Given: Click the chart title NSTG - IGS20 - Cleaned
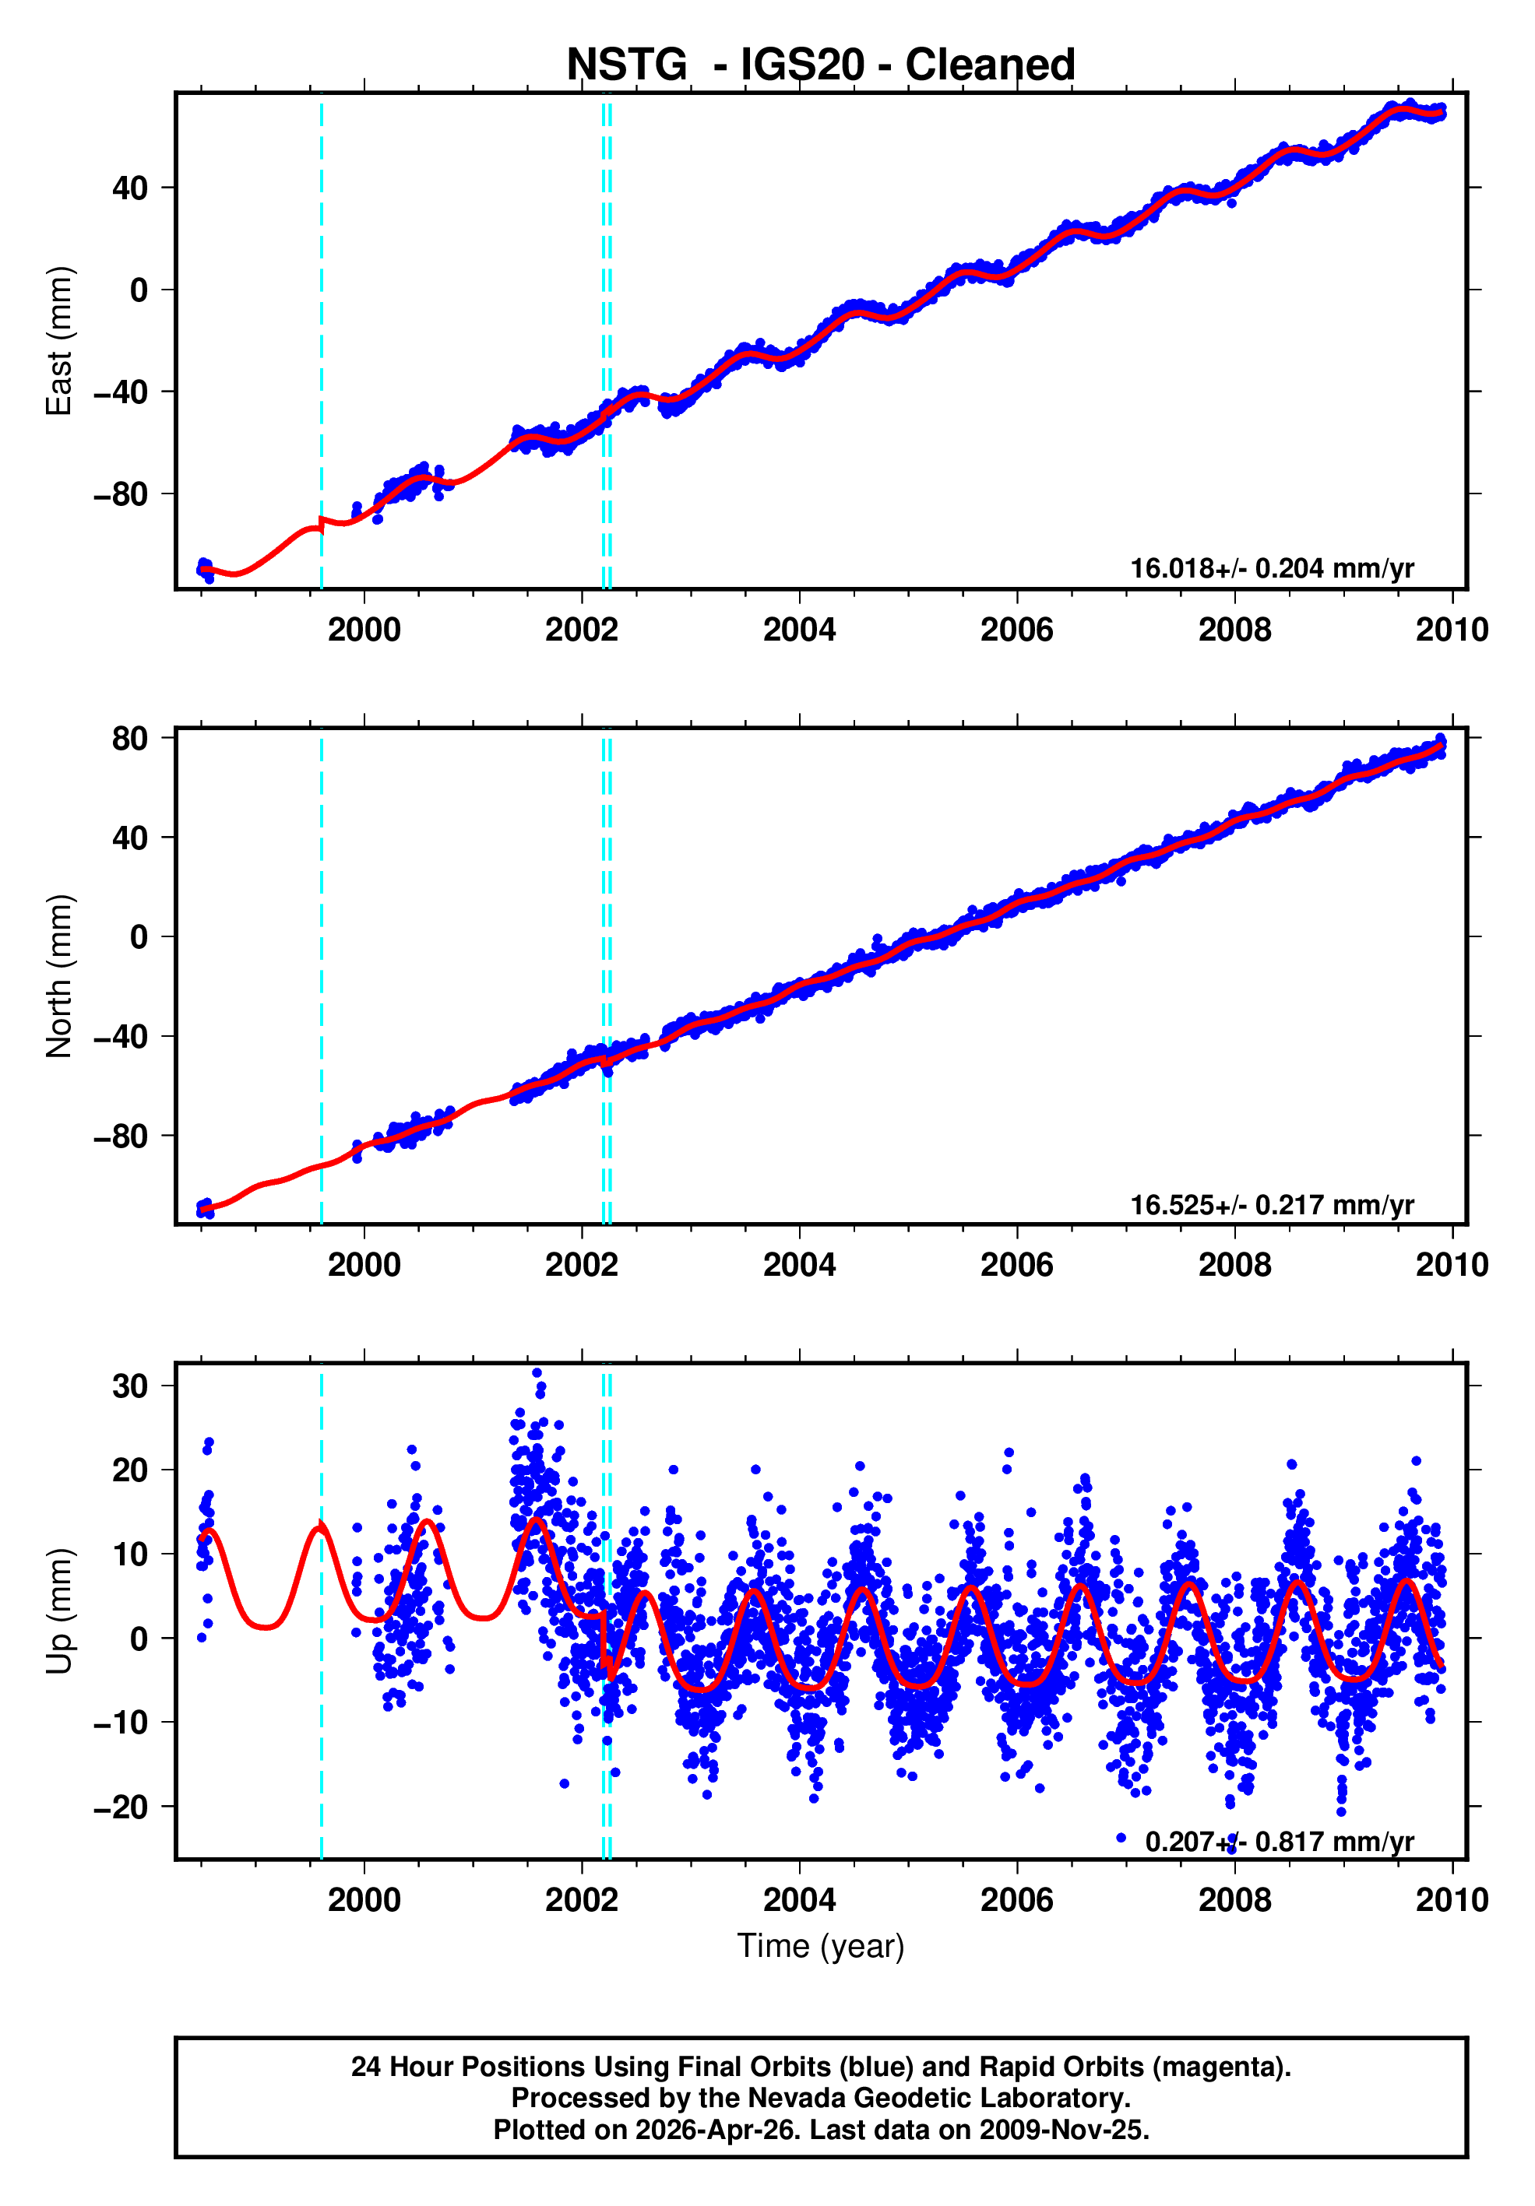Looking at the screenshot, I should click(x=820, y=65).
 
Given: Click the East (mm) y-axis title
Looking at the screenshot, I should click(x=60, y=341).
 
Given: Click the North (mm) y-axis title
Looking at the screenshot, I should click(x=60, y=976).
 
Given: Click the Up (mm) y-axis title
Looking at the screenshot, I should click(x=60, y=1611).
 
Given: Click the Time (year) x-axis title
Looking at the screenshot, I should click(x=820, y=1945).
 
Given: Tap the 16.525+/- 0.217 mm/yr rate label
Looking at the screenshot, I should click(x=1271, y=1205).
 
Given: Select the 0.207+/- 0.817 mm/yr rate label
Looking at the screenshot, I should click(x=1278, y=1841).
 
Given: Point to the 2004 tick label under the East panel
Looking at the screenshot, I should click(x=799, y=631).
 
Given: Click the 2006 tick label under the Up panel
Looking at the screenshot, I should click(x=1017, y=1900).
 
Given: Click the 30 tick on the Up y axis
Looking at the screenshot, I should click(x=130, y=1386).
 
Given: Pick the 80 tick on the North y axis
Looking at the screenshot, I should click(x=130, y=739).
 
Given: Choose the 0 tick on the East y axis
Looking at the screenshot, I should click(x=139, y=290).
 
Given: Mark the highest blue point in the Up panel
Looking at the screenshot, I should click(x=537, y=1373).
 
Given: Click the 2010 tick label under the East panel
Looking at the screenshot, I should click(x=1452, y=631).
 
